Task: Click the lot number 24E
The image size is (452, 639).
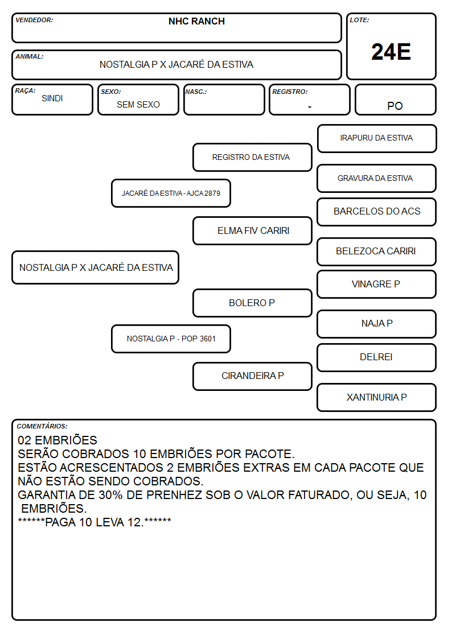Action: pyautogui.click(x=391, y=52)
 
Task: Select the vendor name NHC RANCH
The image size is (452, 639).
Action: pyautogui.click(x=196, y=21)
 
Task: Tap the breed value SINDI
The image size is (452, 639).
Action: pyautogui.click(x=52, y=98)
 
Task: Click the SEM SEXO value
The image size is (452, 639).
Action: pyautogui.click(x=138, y=105)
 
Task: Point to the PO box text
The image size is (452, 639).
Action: pyautogui.click(x=395, y=106)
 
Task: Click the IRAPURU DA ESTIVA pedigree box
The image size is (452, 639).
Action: pyautogui.click(x=377, y=139)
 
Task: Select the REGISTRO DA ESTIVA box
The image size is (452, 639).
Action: pyautogui.click(x=252, y=157)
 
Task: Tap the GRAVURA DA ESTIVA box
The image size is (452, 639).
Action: pyautogui.click(x=377, y=179)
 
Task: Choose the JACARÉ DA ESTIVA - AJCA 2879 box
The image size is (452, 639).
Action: pyautogui.click(x=171, y=193)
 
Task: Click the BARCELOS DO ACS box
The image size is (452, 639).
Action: pyautogui.click(x=377, y=212)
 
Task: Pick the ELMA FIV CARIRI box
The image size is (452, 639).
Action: pyautogui.click(x=252, y=230)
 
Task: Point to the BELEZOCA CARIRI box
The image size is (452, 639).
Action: pyautogui.click(x=377, y=252)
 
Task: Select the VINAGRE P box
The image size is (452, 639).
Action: pyautogui.click(x=377, y=284)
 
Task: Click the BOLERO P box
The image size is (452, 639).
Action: pyautogui.click(x=252, y=303)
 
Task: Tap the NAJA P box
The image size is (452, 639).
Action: pyautogui.click(x=377, y=324)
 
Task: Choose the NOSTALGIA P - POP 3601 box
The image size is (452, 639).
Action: pyautogui.click(x=171, y=339)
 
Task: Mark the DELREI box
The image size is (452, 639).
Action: pyautogui.click(x=377, y=357)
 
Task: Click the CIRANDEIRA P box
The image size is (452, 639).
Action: pyautogui.click(x=252, y=376)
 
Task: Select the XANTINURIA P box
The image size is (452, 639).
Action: pyautogui.click(x=377, y=397)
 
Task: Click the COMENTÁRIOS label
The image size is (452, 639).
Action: pyautogui.click(x=42, y=426)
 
